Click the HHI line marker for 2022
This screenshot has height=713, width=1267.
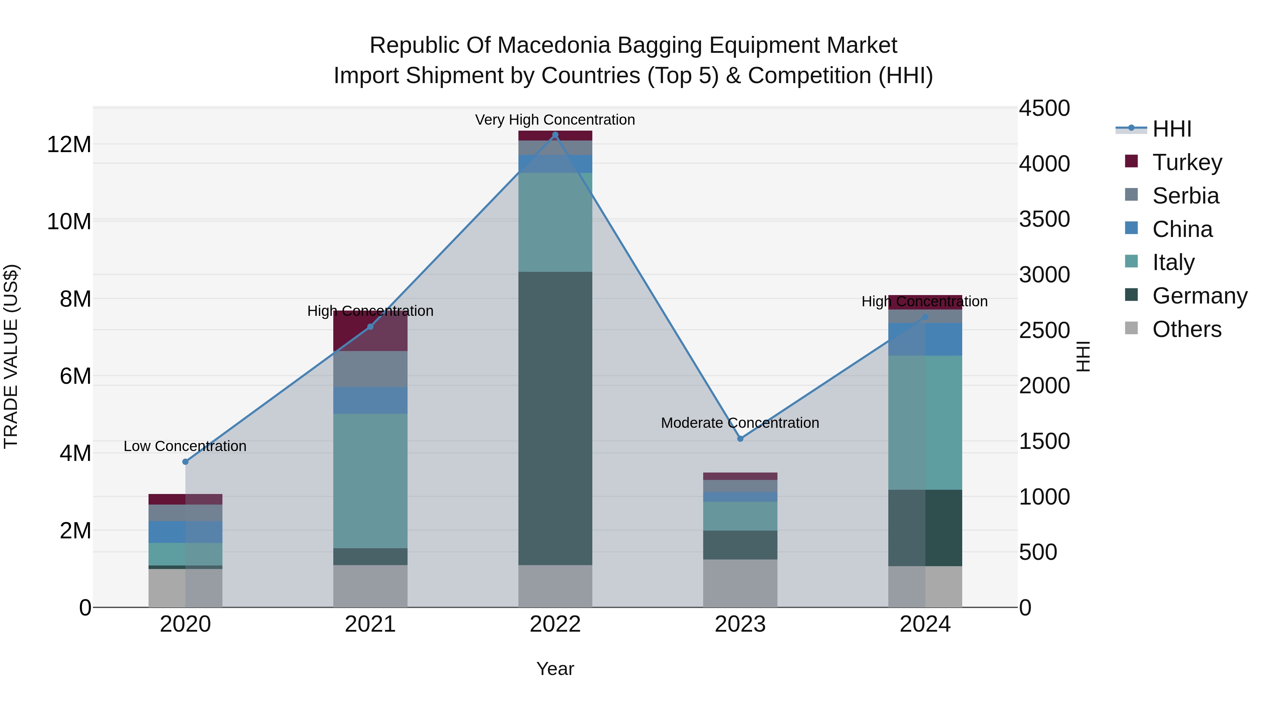pos(555,135)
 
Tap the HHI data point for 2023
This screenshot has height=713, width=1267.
pos(740,438)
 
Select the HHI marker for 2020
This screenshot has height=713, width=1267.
pos(185,462)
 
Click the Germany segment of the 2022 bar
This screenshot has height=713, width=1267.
pos(555,418)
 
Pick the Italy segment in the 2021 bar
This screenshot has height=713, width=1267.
pos(370,481)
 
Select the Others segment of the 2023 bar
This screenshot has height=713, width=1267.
pos(740,583)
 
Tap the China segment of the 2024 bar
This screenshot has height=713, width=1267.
pos(925,339)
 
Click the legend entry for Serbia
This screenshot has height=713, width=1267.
pos(1185,196)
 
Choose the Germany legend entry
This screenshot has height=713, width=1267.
pos(1199,296)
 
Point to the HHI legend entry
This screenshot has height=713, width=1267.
pos(1172,129)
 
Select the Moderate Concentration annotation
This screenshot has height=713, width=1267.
pos(740,423)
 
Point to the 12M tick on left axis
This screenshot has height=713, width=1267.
pos(69,145)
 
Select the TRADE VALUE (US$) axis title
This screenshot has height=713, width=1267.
pos(11,356)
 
